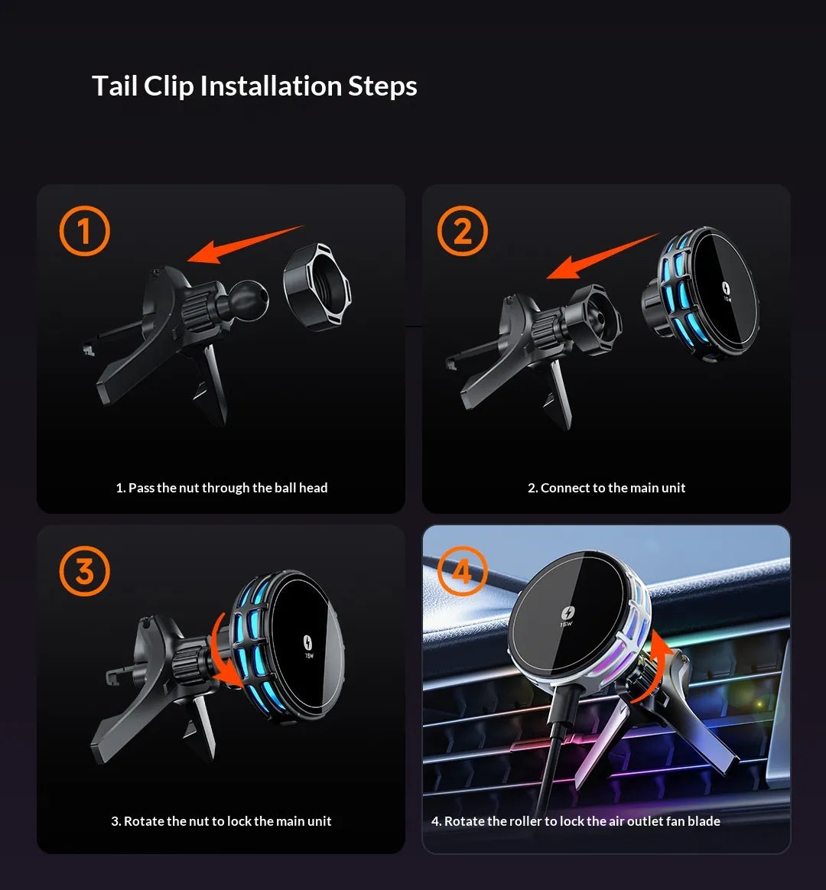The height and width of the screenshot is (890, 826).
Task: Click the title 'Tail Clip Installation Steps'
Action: [254, 86]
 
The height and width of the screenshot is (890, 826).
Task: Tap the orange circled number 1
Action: [84, 231]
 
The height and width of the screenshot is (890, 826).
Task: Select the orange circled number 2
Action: [462, 231]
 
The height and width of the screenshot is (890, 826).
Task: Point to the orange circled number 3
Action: [84, 571]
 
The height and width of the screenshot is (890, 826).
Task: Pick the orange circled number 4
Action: [462, 571]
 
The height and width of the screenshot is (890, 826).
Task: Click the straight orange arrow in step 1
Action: [245, 245]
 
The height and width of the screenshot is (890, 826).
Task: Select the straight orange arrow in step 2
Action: [603, 256]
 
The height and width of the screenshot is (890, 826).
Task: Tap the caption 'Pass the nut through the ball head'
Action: [221, 488]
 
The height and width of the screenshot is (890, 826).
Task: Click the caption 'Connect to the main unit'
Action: [606, 488]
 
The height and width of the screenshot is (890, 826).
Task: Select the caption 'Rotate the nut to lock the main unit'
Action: [221, 821]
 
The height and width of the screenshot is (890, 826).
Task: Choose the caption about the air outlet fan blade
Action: [575, 821]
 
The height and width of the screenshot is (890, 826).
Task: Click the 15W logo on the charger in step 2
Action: [726, 291]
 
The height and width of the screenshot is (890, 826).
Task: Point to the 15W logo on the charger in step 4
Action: [565, 618]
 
